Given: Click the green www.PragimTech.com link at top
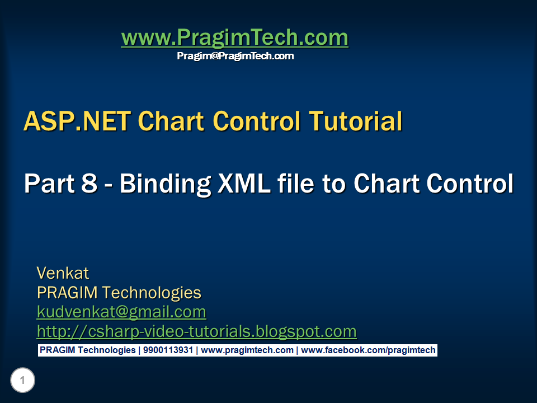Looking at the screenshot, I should tap(234, 38).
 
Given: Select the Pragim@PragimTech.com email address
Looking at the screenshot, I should tap(235, 56).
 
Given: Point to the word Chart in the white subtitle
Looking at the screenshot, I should tap(387, 184).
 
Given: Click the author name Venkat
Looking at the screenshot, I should tap(63, 273).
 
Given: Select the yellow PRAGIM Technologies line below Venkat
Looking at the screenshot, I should tap(119, 293).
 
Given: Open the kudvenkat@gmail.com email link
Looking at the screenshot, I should tap(121, 312).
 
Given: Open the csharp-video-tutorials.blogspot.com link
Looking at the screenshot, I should tap(196, 331).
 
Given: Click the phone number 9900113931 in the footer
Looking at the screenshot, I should tap(168, 350).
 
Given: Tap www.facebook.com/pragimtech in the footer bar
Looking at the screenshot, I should tap(368, 350).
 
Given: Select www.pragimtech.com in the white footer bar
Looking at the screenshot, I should tap(247, 350).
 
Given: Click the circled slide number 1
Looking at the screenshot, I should tap(22, 381).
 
